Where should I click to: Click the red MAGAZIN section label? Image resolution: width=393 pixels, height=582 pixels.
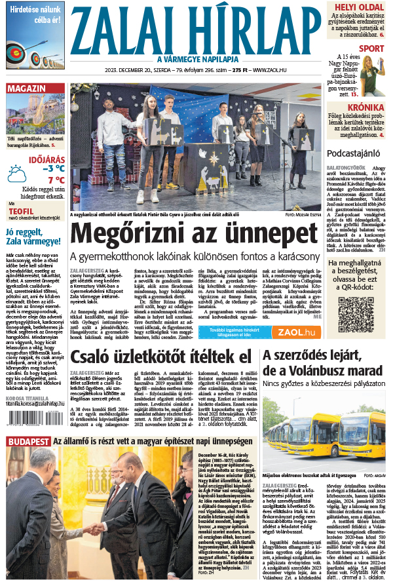click(26, 88)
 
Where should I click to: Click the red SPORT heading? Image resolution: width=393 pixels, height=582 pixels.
click(371, 49)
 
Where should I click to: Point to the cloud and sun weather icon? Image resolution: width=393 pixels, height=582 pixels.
click(16, 174)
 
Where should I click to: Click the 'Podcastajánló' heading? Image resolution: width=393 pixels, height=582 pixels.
click(355, 153)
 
